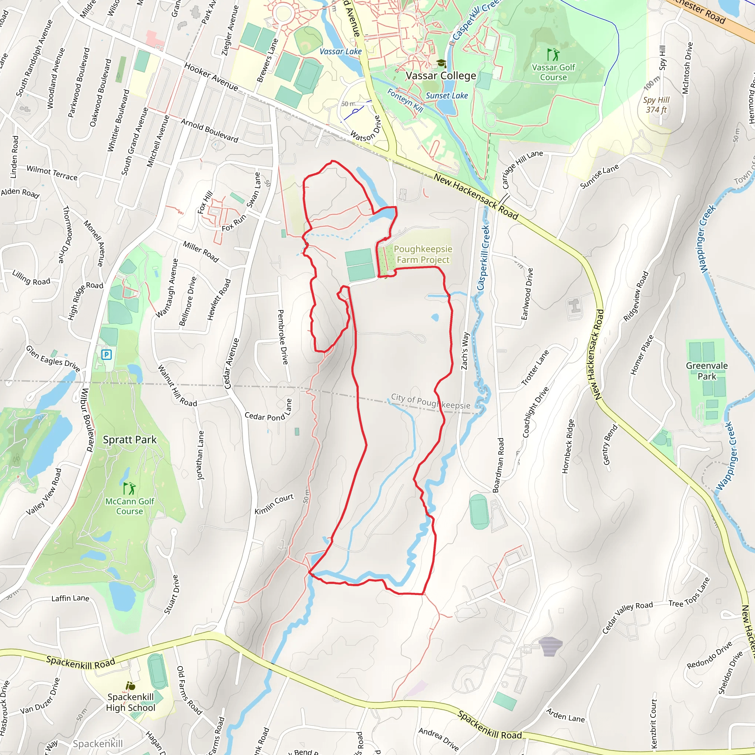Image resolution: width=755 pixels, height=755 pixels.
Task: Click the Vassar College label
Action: (441, 76)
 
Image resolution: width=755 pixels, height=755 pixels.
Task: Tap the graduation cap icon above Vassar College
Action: (441, 63)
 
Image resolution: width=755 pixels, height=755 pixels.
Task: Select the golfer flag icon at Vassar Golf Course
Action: (553, 54)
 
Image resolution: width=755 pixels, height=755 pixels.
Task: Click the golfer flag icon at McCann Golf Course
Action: (129, 488)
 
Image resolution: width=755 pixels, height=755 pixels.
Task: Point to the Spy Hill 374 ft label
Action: (657, 105)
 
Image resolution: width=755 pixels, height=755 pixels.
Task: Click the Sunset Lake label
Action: (447, 96)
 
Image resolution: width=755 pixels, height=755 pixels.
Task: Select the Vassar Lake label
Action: (340, 52)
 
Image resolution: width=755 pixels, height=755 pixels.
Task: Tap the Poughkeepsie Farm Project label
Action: (423, 254)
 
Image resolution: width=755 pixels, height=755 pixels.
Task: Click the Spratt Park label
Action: (129, 440)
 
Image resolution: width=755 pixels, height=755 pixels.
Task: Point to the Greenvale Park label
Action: (707, 371)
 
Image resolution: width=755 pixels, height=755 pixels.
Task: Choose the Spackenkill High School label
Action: (131, 702)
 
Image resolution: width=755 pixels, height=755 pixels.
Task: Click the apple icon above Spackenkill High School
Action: (131, 685)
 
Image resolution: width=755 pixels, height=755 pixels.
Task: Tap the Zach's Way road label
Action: (465, 351)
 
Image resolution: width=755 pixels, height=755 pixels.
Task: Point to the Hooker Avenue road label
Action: (211, 77)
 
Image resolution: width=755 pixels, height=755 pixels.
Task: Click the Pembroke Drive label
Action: (283, 337)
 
